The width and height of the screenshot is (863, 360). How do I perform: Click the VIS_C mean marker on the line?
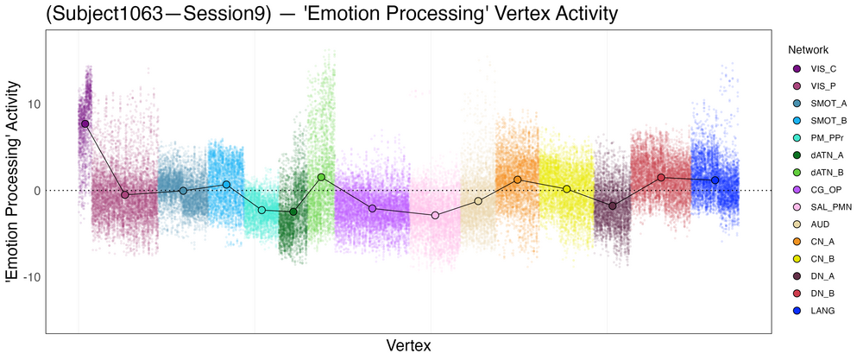[x=85, y=123]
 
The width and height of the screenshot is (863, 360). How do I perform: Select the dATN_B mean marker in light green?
[x=321, y=177]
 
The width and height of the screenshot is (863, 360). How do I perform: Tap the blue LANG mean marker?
[x=715, y=180]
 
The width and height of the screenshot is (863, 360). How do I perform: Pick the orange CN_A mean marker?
[x=518, y=180]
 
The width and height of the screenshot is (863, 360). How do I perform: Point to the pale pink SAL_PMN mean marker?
[x=435, y=215]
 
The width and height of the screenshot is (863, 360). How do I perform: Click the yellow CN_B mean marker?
[x=567, y=189]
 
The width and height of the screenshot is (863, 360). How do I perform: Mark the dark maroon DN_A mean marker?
[x=613, y=205]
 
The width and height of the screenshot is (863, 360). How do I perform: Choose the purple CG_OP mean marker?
[x=372, y=208]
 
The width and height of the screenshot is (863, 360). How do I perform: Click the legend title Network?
[x=802, y=49]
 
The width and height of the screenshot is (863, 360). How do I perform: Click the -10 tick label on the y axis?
[x=28, y=277]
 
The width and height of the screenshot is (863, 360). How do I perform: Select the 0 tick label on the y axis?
[x=35, y=191]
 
